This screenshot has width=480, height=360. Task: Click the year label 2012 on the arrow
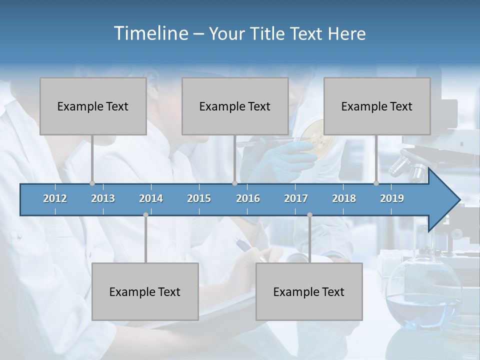click(55, 198)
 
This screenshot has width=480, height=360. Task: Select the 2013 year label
click(103, 198)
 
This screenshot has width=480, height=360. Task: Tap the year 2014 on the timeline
click(151, 198)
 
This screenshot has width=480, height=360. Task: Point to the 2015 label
click(199, 198)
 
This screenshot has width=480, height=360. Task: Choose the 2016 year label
click(248, 198)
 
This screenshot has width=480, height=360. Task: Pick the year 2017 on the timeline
click(296, 198)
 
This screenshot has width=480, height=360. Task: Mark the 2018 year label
click(344, 198)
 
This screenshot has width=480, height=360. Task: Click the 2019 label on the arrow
click(392, 198)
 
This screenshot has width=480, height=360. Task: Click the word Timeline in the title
click(150, 33)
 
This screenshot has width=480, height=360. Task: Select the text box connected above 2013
click(93, 106)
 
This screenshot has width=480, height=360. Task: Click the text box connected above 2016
click(235, 106)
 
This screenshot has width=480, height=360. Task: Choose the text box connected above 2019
click(377, 106)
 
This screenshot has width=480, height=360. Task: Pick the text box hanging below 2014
click(145, 291)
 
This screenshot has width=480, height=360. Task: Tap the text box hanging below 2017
click(309, 291)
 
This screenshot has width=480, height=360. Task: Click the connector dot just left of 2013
click(92, 183)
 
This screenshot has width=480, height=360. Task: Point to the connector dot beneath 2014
click(145, 214)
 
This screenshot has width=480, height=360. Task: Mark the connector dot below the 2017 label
click(309, 214)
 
